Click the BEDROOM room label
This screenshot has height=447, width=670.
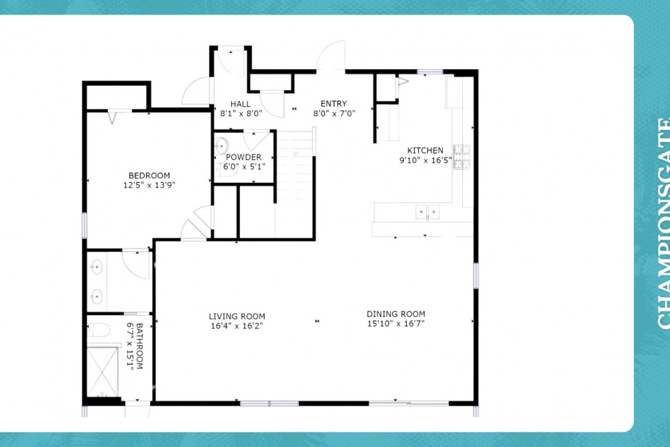pyautogui.click(x=149, y=175)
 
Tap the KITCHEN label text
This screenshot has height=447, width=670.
pyautogui.click(x=425, y=150)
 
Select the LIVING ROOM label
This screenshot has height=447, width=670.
pyautogui.click(x=237, y=316)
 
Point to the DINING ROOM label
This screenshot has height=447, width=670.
pyautogui.click(x=396, y=314)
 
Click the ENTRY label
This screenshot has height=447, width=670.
pyautogui.click(x=334, y=103)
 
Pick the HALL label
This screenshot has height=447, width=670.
pyautogui.click(x=241, y=104)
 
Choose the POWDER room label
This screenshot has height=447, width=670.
pyautogui.click(x=244, y=157)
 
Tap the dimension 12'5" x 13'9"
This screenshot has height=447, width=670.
pyautogui.click(x=149, y=185)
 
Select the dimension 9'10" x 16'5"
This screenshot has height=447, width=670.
pyautogui.click(x=425, y=160)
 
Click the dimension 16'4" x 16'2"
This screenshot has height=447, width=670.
pyautogui.click(x=237, y=326)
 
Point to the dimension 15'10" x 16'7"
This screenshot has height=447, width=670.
pyautogui.click(x=396, y=324)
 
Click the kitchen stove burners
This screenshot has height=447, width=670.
pyautogui.click(x=462, y=156)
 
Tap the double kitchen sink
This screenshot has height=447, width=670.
pyautogui.click(x=427, y=212)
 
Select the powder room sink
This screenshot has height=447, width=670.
pyautogui.click(x=221, y=146)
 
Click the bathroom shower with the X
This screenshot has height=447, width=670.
pyautogui.click(x=103, y=372)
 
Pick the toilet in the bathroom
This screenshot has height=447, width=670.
pyautogui.click(x=98, y=330)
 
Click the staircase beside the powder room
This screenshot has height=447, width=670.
pyautogui.click(x=295, y=184)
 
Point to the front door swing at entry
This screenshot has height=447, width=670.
pyautogui.click(x=331, y=55)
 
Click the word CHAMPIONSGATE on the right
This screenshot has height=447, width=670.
pyautogui.click(x=663, y=223)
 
